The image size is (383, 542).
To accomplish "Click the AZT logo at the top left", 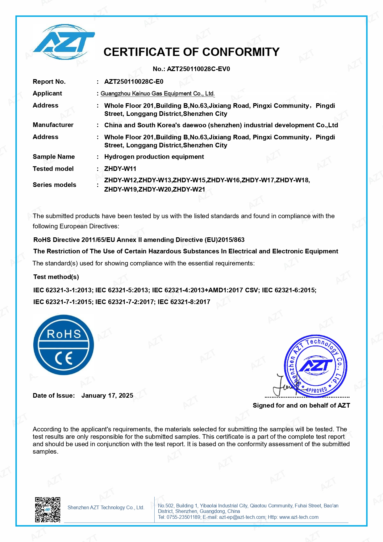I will [x=64, y=42].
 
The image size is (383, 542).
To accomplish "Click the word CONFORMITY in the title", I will [x=241, y=52].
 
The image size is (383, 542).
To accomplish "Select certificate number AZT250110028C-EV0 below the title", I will [x=198, y=69].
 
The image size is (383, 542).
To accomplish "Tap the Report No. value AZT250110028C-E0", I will [x=134, y=82].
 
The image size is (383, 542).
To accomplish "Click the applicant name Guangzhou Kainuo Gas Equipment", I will [x=157, y=93].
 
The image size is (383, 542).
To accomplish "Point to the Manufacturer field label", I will [x=53, y=125].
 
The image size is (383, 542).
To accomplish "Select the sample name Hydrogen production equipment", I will [x=154, y=157].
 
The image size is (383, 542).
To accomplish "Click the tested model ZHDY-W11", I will [x=120, y=169].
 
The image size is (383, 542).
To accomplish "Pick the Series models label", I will [x=54, y=185].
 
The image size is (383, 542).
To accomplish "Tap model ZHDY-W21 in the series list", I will [x=189, y=189].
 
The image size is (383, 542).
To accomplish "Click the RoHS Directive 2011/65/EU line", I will [x=139, y=240].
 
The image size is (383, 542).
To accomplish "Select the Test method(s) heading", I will [x=56, y=277].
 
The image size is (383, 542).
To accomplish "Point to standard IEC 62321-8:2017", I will [x=184, y=302].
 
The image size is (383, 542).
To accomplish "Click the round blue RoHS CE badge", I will [x=64, y=345].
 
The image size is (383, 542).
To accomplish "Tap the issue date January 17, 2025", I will [x=107, y=396].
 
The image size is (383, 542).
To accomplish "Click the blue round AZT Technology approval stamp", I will [x=315, y=366].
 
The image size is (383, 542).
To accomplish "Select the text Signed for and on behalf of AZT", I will [x=301, y=405].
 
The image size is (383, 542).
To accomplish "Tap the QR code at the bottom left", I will [x=48, y=510].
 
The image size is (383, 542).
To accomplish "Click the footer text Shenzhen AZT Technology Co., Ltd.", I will [x=106, y=507].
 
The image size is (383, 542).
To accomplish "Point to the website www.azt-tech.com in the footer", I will [x=299, y=517].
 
